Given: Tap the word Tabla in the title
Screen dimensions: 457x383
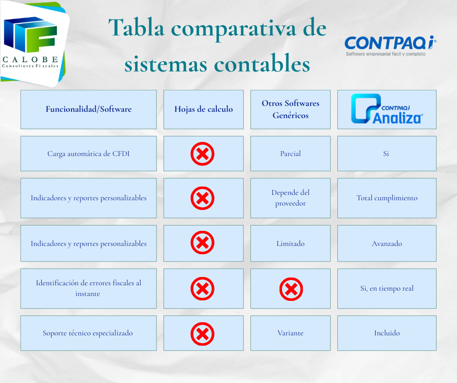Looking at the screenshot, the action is [x=137, y=28].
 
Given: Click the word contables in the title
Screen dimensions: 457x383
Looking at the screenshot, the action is [x=262, y=63].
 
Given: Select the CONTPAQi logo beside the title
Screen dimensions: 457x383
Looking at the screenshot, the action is [x=390, y=46].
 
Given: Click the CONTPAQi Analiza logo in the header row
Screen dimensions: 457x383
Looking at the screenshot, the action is [x=387, y=109].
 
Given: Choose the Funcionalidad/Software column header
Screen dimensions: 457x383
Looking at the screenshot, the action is [x=88, y=109].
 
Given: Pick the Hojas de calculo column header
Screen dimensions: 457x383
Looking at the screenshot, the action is [x=203, y=109].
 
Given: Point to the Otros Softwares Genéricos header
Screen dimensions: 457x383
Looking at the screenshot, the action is [x=290, y=109].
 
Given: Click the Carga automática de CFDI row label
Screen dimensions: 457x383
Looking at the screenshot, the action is [x=88, y=154].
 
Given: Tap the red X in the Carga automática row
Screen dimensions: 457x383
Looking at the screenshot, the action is [x=203, y=154].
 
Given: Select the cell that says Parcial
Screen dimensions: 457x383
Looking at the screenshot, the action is [x=290, y=154].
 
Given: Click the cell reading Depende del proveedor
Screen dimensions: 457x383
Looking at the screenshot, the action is [x=290, y=198].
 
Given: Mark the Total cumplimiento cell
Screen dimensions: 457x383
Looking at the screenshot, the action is [x=387, y=198].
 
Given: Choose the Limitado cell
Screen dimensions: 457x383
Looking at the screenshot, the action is [x=290, y=244].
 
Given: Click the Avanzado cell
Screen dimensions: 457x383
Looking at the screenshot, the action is [x=387, y=244].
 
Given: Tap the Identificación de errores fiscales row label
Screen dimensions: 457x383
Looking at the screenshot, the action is [x=88, y=288].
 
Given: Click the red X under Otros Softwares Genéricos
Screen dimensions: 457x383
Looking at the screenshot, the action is [x=291, y=289].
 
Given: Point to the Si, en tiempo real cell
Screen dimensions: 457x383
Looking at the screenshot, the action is [x=387, y=288].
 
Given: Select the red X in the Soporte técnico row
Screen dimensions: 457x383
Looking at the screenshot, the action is [x=203, y=334].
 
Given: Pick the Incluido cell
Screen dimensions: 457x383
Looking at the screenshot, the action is [x=387, y=333].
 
